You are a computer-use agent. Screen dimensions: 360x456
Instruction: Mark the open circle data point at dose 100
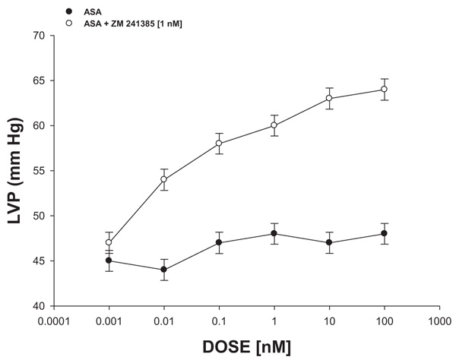[x=384, y=89]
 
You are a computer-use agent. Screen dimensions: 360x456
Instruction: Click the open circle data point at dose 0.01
[x=163, y=179]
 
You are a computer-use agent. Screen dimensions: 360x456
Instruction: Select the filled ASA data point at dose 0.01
[x=163, y=270]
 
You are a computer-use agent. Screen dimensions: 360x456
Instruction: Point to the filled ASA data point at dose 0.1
[x=219, y=242]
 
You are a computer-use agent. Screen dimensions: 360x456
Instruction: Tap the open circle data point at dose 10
[x=329, y=98]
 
